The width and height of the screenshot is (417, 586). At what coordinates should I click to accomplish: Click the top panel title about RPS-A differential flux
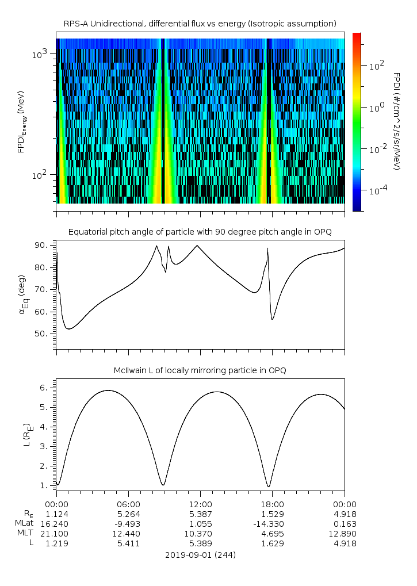click(200, 24)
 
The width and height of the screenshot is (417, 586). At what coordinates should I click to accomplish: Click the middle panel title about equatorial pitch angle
click(200, 232)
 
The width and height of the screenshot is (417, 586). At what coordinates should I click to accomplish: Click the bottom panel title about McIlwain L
click(200, 370)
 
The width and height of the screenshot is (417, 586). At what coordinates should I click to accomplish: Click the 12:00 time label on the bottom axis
click(200, 503)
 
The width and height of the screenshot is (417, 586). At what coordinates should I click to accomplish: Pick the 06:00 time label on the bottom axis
click(128, 503)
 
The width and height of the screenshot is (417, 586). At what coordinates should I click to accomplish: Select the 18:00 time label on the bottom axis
click(272, 503)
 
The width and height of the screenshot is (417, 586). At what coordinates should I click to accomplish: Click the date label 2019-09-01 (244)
click(200, 555)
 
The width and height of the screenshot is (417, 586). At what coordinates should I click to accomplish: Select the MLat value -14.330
click(272, 523)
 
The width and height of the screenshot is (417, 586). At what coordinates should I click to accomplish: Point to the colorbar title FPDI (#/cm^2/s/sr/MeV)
click(397, 121)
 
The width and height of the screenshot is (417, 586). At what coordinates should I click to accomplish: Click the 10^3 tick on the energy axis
click(40, 54)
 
